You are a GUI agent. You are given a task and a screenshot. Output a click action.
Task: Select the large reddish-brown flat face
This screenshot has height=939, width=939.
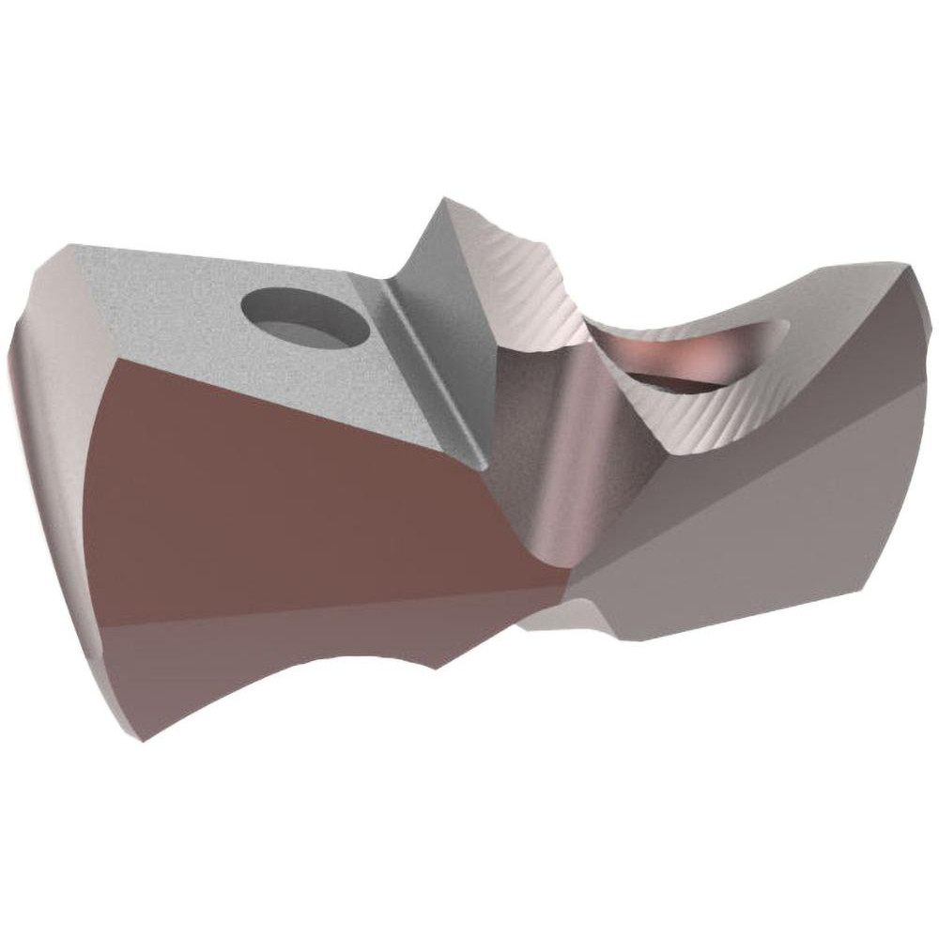tap(310, 498)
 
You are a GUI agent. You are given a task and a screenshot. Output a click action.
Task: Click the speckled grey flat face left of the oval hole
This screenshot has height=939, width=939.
tap(160, 300)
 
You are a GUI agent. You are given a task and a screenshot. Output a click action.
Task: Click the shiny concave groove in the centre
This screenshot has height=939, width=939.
tap(545, 451)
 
